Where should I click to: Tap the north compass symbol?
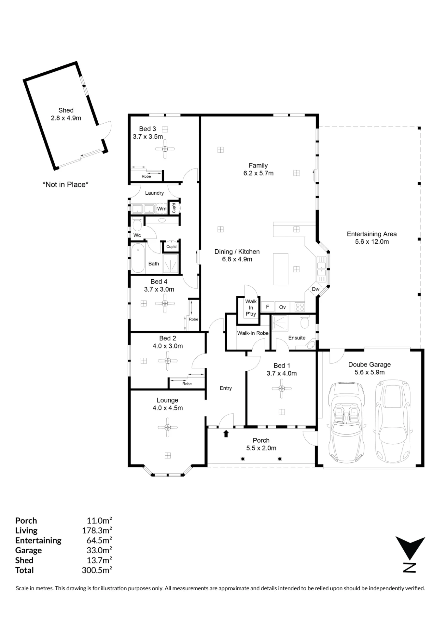pyautogui.click(x=410, y=554)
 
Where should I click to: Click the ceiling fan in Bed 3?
pyautogui.click(x=165, y=149)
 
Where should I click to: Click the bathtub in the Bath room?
pyautogui.click(x=138, y=258)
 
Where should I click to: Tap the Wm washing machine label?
pyautogui.click(x=162, y=209)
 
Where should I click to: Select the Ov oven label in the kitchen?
pyautogui.click(x=282, y=307)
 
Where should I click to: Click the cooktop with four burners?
pyautogui.click(x=299, y=307)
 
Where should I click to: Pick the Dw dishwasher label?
pyautogui.click(x=315, y=289)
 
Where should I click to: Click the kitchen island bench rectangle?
pyautogui.click(x=281, y=269)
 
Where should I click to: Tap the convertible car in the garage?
pyautogui.click(x=346, y=422)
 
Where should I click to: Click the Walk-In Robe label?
pyautogui.click(x=253, y=333)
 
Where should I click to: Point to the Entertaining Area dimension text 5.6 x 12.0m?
pyautogui.click(x=372, y=242)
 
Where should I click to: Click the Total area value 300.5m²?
pyautogui.click(x=97, y=570)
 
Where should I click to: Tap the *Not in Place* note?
pyautogui.click(x=65, y=185)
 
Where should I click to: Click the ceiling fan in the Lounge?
pyautogui.click(x=168, y=427)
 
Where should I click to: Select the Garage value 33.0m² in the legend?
pyautogui.click(x=99, y=550)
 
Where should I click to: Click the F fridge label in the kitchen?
pyautogui.click(x=267, y=307)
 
